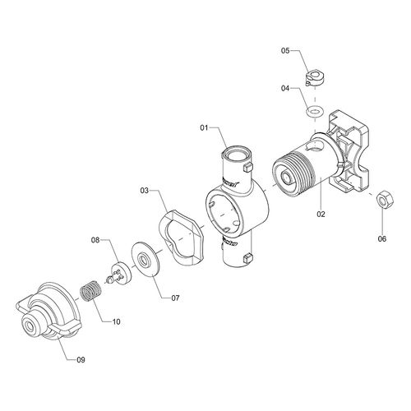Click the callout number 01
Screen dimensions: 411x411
click(204, 127)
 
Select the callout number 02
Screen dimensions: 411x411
click(321, 214)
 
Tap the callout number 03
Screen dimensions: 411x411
click(145, 191)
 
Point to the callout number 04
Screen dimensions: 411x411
click(285, 89)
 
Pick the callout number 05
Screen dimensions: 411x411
click(285, 51)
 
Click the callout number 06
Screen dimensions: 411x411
click(382, 239)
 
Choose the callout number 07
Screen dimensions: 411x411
click(175, 298)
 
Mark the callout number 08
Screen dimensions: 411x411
click(95, 240)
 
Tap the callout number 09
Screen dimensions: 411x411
click(81, 360)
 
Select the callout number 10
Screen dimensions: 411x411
click(117, 321)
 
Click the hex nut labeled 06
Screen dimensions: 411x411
click(386, 198)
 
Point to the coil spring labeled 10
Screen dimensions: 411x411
click(90, 292)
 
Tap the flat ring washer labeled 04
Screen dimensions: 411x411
click(315, 112)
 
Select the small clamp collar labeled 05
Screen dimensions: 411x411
click(315, 77)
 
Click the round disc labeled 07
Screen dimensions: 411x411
click(145, 258)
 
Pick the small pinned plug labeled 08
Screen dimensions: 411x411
click(120, 274)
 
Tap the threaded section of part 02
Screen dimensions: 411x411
click(293, 174)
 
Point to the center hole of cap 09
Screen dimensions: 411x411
click(29, 326)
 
